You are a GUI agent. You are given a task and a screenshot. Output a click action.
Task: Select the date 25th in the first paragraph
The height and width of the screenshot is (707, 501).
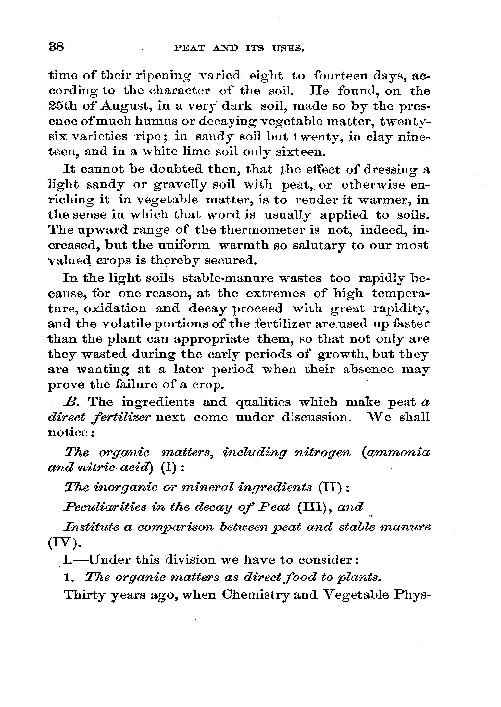tap(62, 106)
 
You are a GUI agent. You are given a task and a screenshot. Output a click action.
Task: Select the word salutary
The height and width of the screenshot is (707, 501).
tap(320, 245)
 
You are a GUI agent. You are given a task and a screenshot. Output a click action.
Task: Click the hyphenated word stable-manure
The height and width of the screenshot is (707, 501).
tap(244, 278)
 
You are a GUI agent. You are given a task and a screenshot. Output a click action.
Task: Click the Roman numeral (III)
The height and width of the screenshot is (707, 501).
tap(314, 507)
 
